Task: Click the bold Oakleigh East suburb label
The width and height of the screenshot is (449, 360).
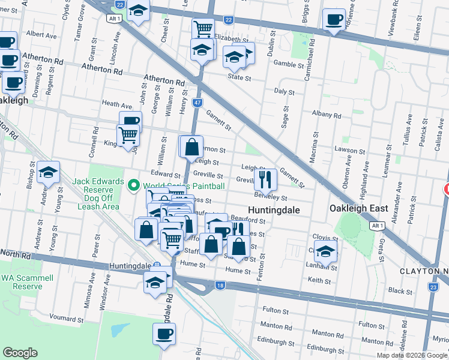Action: tap(358, 209)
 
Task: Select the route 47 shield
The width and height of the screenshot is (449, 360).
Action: tap(197, 103)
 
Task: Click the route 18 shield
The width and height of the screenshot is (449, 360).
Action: tap(220, 286)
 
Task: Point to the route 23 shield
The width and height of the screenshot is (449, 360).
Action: tap(433, 287)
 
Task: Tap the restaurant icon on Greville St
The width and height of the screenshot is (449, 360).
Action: tap(265, 178)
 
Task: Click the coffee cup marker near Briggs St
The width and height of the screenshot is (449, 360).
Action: tap(333, 19)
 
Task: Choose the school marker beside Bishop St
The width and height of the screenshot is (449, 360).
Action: tap(49, 173)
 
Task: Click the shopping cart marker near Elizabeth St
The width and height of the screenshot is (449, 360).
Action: tap(203, 28)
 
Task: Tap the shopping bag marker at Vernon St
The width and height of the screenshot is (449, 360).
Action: tap(191, 146)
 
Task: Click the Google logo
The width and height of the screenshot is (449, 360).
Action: tap(20, 353)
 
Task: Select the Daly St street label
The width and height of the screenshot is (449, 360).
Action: tap(284, 92)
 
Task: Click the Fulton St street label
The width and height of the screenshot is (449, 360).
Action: tap(276, 310)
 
